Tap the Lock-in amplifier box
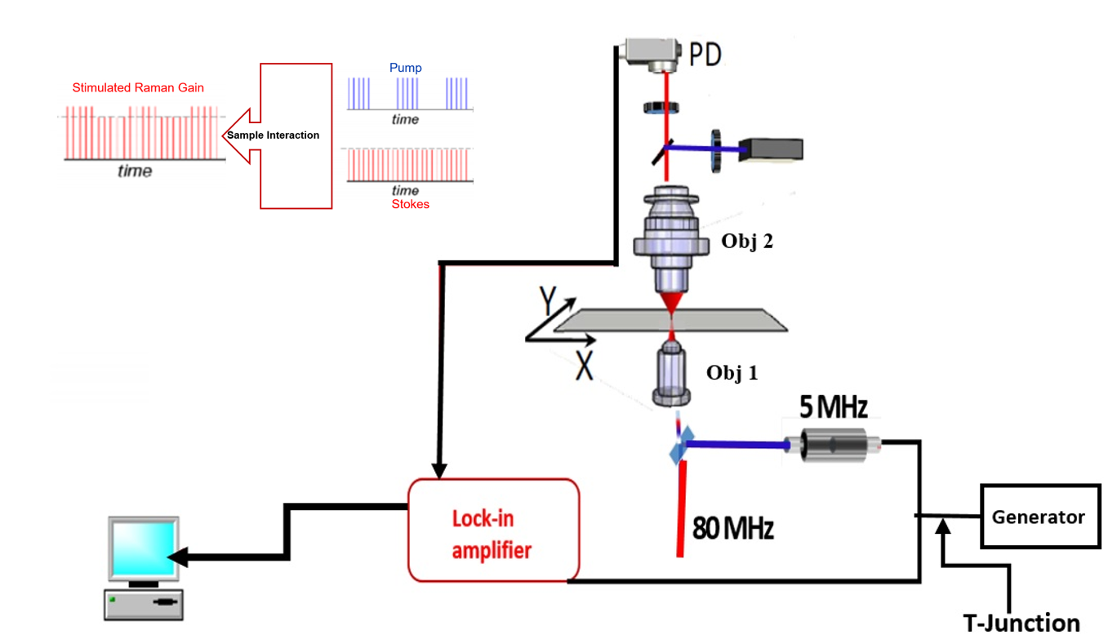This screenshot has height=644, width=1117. [493, 530]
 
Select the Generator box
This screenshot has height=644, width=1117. [1038, 517]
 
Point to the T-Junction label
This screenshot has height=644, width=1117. [1021, 623]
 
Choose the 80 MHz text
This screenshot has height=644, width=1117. [732, 528]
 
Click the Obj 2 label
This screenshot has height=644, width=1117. [745, 242]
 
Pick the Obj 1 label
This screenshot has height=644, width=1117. [732, 373]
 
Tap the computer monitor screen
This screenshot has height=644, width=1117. [143, 548]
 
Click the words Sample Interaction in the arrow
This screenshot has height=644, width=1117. [273, 135]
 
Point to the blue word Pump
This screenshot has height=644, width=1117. [405, 68]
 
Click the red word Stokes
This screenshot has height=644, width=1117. [410, 204]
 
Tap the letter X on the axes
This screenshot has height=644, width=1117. [583, 366]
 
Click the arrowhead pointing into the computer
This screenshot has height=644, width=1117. [178, 557]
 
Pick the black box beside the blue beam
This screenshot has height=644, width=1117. [770, 149]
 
